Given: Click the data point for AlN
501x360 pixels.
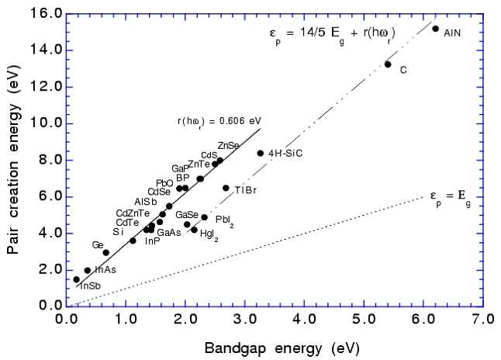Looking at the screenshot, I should [436, 29].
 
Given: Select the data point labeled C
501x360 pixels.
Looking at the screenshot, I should [388, 64].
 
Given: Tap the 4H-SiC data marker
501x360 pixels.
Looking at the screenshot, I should [261, 153].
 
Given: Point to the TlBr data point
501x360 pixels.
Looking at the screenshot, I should [226, 188].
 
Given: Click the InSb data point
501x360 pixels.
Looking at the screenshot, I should [76, 279].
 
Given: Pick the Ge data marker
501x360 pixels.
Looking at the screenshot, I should [105, 252].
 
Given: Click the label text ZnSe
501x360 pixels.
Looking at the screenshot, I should [229, 145].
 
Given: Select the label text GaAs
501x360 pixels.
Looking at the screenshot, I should [170, 233].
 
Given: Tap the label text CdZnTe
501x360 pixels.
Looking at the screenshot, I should [133, 213].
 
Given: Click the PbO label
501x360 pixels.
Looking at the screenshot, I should [164, 183].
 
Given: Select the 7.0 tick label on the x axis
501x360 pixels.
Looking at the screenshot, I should [483, 318].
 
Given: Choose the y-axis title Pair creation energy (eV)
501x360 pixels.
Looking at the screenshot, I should [13, 159].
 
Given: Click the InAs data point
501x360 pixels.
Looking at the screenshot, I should [88, 270].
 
